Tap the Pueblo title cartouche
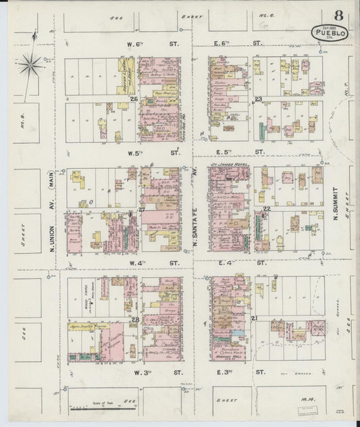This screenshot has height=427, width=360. tap(330, 32)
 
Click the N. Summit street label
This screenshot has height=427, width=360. tap(335, 193)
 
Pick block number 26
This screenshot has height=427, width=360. tap(134, 100)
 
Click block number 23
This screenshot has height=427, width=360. tap(258, 99)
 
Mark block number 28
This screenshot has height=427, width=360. tap(135, 320)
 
